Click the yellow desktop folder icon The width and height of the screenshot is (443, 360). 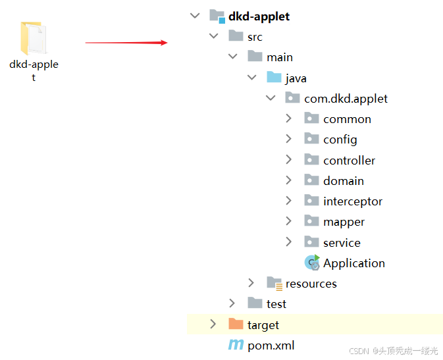click(34, 38)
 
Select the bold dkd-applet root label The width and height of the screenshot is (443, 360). click(259, 16)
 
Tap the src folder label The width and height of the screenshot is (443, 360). click(255, 37)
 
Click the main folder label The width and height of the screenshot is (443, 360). click(280, 57)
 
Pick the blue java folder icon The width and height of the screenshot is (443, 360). click(274, 78)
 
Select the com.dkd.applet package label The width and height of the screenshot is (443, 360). click(346, 99)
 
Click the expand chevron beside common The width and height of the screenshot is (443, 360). click(288, 118)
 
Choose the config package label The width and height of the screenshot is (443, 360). click(340, 140)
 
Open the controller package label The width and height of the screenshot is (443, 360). click(349, 160)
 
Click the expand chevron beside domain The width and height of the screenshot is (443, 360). click(288, 180)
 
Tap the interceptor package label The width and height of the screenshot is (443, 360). click(352, 201)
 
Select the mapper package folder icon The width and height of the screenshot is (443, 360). click(311, 222)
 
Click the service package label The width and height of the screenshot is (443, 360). click(342, 242)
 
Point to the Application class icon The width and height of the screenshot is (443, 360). click(312, 263)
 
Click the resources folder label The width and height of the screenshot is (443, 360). click(311, 284)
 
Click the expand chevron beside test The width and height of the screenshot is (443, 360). click(232, 303)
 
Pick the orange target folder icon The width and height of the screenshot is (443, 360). click(235, 324)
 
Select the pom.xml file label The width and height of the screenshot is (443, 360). click(271, 345)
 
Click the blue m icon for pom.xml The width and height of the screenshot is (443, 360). click(235, 345)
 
